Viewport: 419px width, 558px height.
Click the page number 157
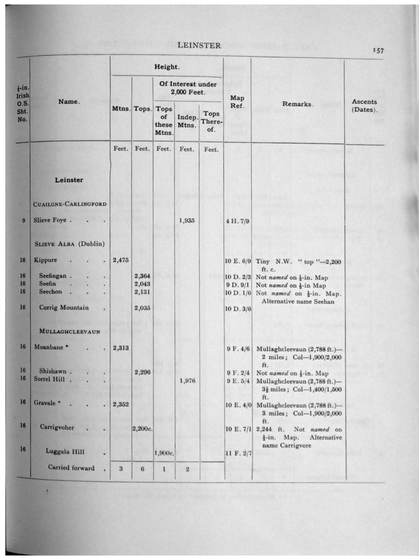pyautogui.click(x=379, y=51)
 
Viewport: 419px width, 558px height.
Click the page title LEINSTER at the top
pyautogui.click(x=199, y=45)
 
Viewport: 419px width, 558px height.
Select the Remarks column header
pyautogui.click(x=297, y=104)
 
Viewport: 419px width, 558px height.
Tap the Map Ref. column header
pyautogui.click(x=237, y=101)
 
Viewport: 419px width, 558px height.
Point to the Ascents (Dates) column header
pyautogui.click(x=364, y=105)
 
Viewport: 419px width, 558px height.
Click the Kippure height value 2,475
pyautogui.click(x=120, y=260)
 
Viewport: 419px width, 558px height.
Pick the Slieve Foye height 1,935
pyautogui.click(x=187, y=221)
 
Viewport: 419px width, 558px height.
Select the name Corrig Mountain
pyautogui.click(x=64, y=307)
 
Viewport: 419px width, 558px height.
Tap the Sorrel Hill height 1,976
pyautogui.click(x=187, y=380)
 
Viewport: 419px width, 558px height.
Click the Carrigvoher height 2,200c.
pyautogui.click(x=142, y=429)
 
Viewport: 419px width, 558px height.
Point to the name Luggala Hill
pyautogui.click(x=65, y=451)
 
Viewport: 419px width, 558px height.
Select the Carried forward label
pyautogui.click(x=71, y=468)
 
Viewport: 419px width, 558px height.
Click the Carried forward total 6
pyautogui.click(x=142, y=469)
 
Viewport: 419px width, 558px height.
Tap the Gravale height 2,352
pyautogui.click(x=120, y=404)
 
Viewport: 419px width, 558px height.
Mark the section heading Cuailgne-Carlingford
pyautogui.click(x=70, y=204)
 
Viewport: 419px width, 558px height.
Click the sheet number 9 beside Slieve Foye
pyautogui.click(x=23, y=221)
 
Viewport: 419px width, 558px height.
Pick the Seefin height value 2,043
pyautogui.click(x=142, y=284)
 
